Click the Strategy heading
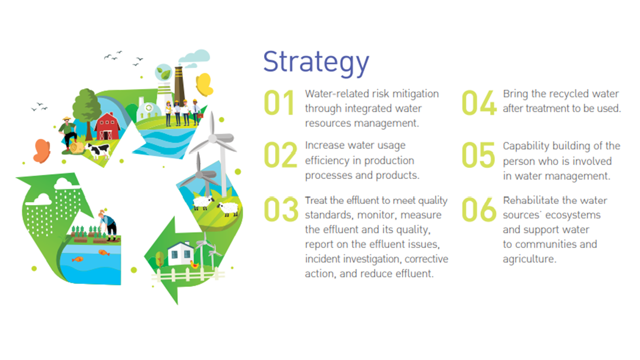coord(316,62)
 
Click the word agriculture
coord(529,259)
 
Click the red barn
coord(107,126)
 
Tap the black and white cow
coord(98,150)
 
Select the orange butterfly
coord(41,151)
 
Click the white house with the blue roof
coord(180,253)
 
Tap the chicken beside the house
coord(194,264)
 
